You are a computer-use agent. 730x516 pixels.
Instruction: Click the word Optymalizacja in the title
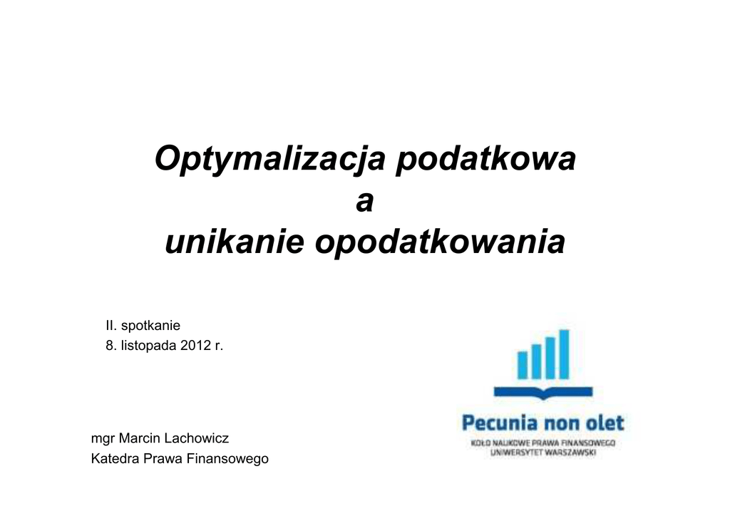pos(270,160)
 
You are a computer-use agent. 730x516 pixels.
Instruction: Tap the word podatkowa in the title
pos(485,158)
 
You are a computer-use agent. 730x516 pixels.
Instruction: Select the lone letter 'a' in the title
pos(364,202)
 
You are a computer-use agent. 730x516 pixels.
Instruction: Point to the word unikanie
pos(235,242)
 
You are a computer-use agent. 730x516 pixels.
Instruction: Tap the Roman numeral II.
pos(110,325)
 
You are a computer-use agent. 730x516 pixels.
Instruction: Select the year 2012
pos(195,346)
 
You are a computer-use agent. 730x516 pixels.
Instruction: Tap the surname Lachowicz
pos(197,438)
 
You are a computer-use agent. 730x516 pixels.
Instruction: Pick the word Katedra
pos(115,459)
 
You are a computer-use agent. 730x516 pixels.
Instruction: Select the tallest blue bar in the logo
pos(564,354)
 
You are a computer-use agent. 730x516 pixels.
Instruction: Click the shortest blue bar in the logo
pos(523,365)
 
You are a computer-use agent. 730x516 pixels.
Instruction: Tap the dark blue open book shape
pos(543,393)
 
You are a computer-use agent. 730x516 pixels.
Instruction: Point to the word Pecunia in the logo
pos(498,423)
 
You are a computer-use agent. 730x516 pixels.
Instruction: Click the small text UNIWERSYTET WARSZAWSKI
pos(543,453)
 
